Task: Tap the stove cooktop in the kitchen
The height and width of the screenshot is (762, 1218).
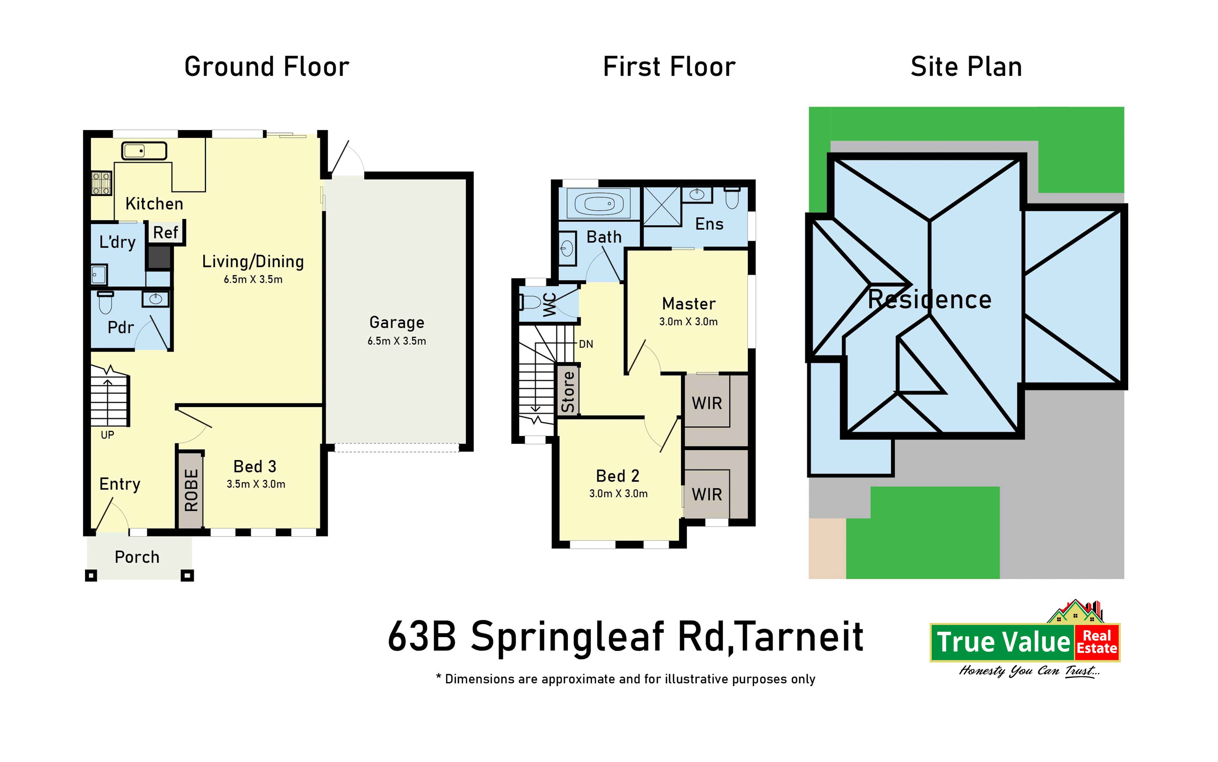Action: [101, 183]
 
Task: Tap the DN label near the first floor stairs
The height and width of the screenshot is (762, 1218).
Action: [586, 344]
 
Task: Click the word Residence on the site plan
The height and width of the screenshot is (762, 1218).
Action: [930, 299]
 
